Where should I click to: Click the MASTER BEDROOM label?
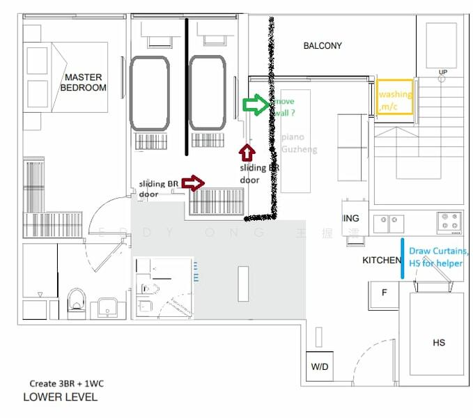coord(83,82)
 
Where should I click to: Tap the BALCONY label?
coord(323,46)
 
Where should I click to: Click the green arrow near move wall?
coord(254,104)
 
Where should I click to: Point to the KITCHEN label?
coord(382,260)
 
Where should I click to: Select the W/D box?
coord(320,366)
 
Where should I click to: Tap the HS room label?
coord(439,342)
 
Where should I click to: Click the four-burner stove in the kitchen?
coord(450,222)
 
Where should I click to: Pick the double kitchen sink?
coord(388,224)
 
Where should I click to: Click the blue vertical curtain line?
coord(403,259)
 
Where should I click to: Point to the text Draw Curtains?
coord(439,251)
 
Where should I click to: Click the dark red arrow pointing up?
coord(245,153)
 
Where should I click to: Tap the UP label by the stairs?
coord(442,72)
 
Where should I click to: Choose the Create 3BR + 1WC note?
coord(66,383)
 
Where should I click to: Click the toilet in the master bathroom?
coord(77,302)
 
